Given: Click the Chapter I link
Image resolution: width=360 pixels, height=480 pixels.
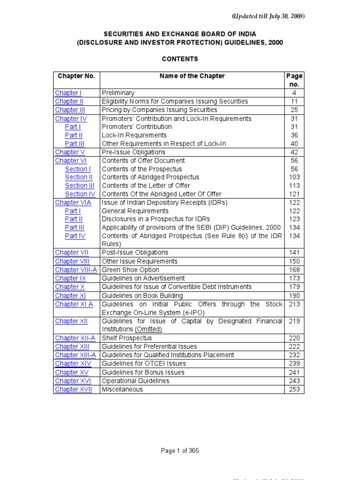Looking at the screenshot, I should (68, 93).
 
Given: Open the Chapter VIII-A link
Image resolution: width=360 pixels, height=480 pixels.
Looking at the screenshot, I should (76, 270).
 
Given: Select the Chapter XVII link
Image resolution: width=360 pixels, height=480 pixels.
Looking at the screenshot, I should (74, 389).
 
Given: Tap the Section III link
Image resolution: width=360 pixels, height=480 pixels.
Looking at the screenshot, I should (79, 186).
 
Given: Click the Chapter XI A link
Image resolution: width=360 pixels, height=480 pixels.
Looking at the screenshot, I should (74, 304).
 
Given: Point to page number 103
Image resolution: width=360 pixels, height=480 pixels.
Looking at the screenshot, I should (294, 177).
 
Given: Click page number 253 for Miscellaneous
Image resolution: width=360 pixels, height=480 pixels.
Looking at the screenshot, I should (294, 389).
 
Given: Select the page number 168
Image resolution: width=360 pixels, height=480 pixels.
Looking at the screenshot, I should (294, 270).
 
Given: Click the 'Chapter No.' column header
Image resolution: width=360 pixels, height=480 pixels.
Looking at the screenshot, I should (76, 76).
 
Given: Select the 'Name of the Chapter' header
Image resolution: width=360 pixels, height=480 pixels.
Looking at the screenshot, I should (192, 76).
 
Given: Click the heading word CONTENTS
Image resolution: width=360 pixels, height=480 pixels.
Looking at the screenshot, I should (180, 59).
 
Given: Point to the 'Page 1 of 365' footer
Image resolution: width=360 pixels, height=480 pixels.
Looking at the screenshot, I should (180, 451).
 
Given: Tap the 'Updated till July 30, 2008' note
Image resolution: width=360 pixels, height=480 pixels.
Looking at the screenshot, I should (269, 16).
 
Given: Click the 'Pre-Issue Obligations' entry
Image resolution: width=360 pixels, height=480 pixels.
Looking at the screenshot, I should (134, 152).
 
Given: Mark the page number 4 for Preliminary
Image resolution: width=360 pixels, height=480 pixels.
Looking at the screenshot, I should (294, 93).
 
